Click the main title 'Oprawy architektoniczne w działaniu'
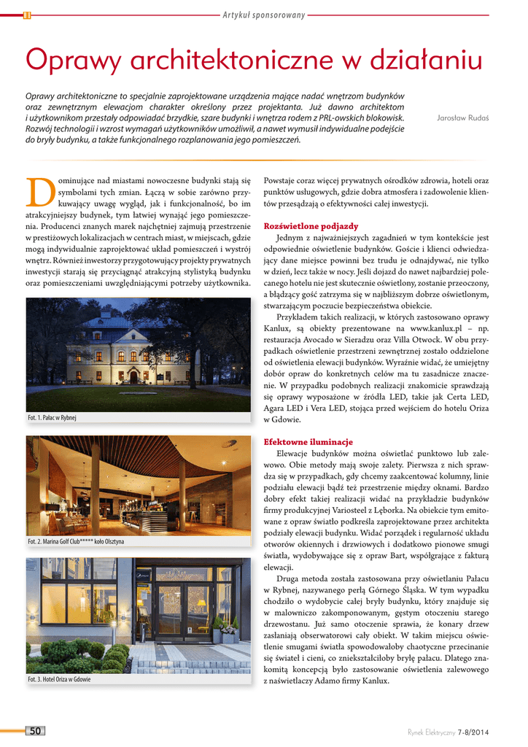[x=254, y=60]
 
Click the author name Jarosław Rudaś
[x=462, y=117]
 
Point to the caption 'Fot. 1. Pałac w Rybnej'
[x=52, y=418]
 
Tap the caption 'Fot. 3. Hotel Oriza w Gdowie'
[x=60, y=680]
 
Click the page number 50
[x=35, y=731]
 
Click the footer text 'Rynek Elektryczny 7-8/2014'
[x=448, y=732]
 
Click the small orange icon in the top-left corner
[x=27, y=15]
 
